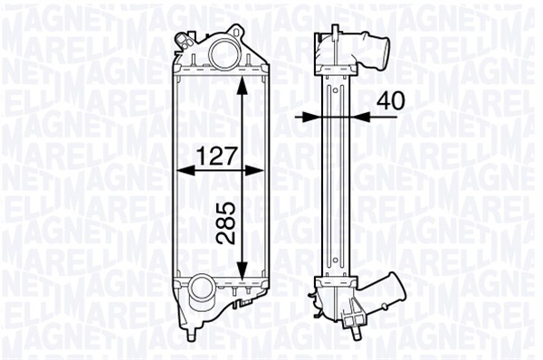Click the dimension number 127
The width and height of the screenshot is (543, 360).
coord(217,156)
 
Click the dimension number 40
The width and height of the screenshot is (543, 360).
coord(391,100)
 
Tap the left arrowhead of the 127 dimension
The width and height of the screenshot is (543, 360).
coord(186,171)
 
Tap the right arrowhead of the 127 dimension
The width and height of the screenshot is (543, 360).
coord(254,171)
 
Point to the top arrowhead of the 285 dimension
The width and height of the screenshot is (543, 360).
coord(243,85)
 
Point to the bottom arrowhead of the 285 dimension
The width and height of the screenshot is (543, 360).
coord(243,270)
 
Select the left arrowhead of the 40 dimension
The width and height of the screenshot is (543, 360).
coord(312,117)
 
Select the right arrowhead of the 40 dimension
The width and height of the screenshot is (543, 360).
coord(360,117)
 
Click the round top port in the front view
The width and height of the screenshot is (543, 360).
coord(223,53)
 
